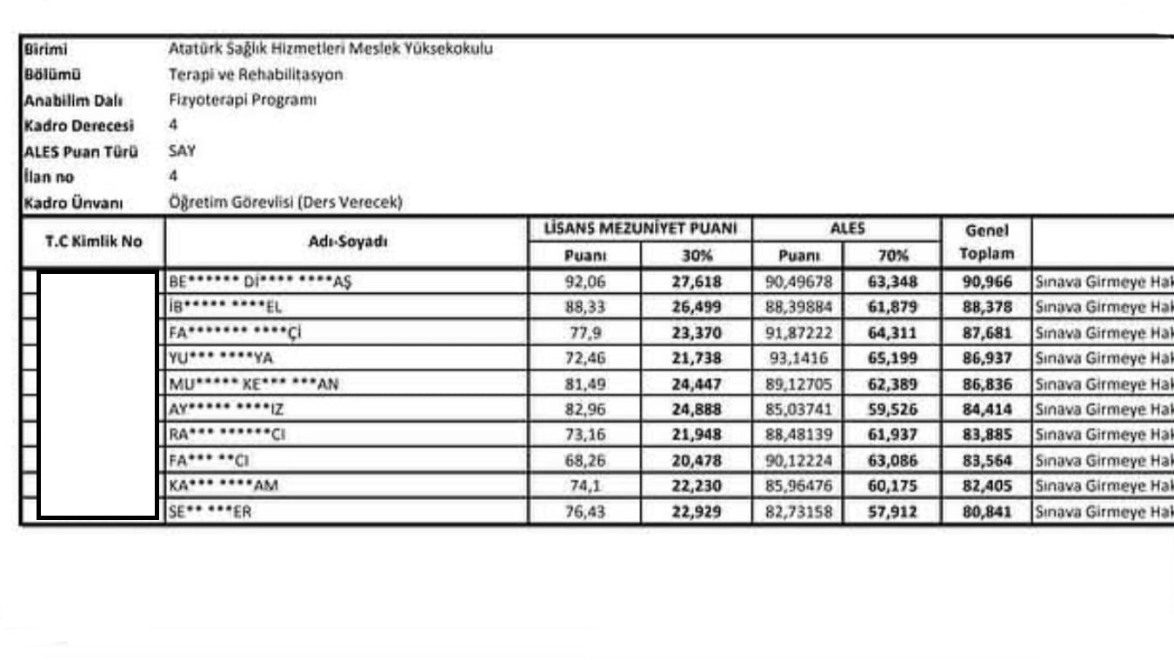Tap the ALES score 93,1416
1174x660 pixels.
click(798, 358)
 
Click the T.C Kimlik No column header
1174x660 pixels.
click(93, 242)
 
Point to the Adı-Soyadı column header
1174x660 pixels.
click(347, 242)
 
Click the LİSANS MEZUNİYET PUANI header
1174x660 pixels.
click(640, 230)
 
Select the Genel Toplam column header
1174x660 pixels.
click(986, 242)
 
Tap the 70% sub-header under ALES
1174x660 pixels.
click(892, 256)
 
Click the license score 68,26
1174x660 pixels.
click(584, 461)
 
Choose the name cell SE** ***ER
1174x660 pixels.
click(210, 512)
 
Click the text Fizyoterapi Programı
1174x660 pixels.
click(243, 100)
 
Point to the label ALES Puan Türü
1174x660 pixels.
click(80, 151)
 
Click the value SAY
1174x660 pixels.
click(183, 150)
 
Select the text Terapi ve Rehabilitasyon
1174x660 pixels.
click(256, 75)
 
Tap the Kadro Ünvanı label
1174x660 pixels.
click(73, 203)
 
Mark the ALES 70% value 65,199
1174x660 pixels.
click(892, 358)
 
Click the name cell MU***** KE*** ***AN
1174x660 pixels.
click(254, 383)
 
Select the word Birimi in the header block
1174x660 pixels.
click(46, 50)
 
